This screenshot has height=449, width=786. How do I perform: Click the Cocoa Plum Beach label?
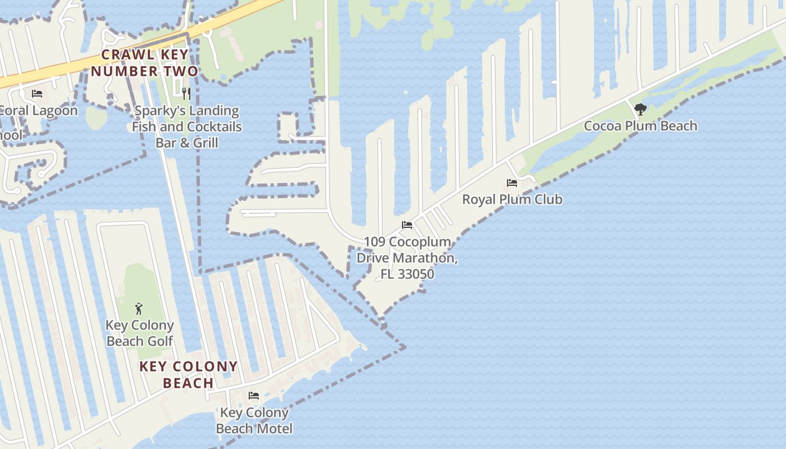coord(641,126)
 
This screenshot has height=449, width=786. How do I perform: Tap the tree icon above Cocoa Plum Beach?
coord(640,109)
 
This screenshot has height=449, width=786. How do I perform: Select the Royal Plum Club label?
coord(512,199)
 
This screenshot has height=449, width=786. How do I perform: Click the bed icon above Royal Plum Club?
coord(512,183)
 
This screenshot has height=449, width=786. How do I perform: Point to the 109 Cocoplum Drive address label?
coord(407,258)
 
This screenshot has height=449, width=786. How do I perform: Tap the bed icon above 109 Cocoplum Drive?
coord(407,225)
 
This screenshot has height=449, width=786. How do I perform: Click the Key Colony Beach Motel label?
coord(254,420)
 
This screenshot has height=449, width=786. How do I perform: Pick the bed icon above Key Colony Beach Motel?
coord(254,396)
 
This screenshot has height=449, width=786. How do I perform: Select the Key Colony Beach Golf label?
coord(140,333)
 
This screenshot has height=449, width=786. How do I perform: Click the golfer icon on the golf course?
coord(139,308)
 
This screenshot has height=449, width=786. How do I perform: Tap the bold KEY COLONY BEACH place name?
coord(189,375)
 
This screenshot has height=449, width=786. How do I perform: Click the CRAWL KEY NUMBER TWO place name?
coord(145,63)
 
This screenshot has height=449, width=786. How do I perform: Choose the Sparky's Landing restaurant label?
coord(187,126)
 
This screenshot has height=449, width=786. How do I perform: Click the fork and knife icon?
coord(186,93)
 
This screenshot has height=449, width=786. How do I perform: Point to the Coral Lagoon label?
coord(38,110)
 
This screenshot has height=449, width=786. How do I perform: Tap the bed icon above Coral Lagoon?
coord(37,93)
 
